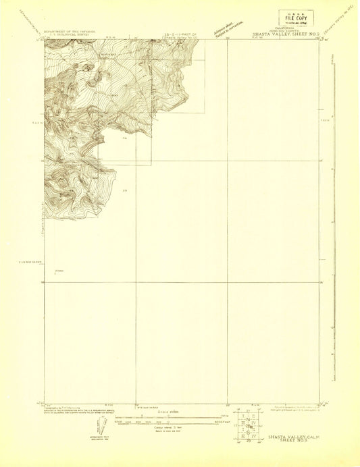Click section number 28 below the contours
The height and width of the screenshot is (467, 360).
click(125, 191)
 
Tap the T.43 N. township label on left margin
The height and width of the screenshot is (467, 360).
click(37, 123)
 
